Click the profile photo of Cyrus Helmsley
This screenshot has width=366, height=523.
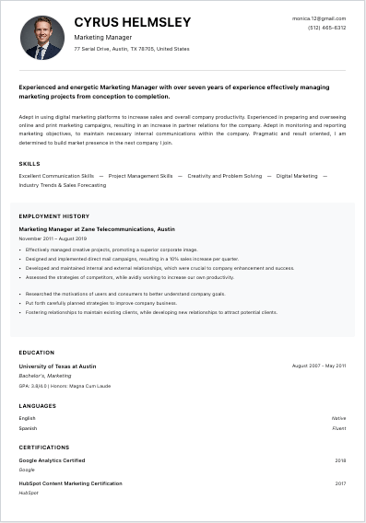coord(41,38)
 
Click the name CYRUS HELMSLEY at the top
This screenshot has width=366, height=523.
coord(133,21)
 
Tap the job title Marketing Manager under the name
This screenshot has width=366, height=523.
coord(102,38)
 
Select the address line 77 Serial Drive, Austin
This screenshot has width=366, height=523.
coord(132,49)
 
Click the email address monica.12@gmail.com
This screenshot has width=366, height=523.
coord(319,18)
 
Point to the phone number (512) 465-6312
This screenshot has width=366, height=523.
coord(327,28)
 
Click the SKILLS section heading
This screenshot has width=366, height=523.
coord(30,164)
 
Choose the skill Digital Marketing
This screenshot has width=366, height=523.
coord(296,175)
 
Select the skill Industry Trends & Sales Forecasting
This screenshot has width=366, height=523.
coord(63,185)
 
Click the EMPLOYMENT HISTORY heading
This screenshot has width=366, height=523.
coord(54,216)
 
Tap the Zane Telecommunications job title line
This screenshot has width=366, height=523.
coord(97,228)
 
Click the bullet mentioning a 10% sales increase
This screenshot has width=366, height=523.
coord(132,259)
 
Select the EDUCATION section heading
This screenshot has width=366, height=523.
coord(37,352)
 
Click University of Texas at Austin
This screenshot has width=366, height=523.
coord(57,366)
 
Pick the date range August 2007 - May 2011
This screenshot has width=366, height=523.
coord(319,366)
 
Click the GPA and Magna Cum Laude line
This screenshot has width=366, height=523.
coord(65,386)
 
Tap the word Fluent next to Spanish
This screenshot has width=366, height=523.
coord(338,428)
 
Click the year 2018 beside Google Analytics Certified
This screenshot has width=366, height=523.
coord(340,460)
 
